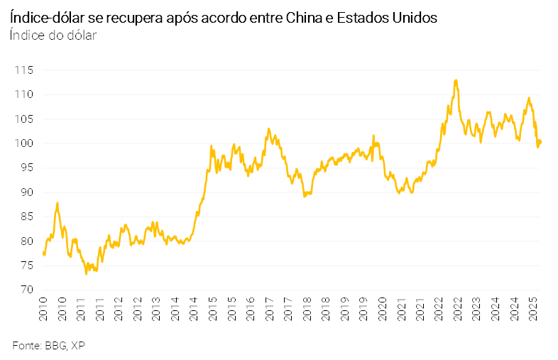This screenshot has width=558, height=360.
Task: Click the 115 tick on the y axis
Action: [x=25, y=70]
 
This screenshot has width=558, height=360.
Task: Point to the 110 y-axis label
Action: [x=25, y=94]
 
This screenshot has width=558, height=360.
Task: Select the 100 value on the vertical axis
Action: [x=25, y=143]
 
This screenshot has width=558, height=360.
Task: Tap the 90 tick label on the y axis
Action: [x=27, y=192]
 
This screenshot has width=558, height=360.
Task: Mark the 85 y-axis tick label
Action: [x=27, y=217]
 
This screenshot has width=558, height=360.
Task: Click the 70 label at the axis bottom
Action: [x=27, y=290]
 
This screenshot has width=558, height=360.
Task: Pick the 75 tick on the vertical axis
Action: [x=27, y=266]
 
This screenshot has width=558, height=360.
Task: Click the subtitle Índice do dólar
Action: [x=53, y=35]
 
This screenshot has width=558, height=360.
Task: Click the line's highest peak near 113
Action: [x=455, y=80]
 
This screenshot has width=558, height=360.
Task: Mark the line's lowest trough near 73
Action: [x=87, y=273]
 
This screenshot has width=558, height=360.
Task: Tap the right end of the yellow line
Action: [x=541, y=141]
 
